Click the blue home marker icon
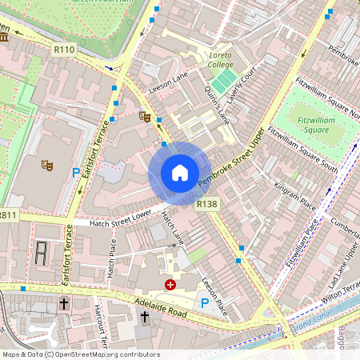(x=180, y=173)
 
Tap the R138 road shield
(x=206, y=205)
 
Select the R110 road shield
(x=64, y=50)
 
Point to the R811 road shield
(x=8, y=215)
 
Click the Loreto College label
(x=220, y=59)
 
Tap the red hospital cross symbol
(x=170, y=284)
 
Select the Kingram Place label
(x=288, y=195)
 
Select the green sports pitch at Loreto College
(x=224, y=80)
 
